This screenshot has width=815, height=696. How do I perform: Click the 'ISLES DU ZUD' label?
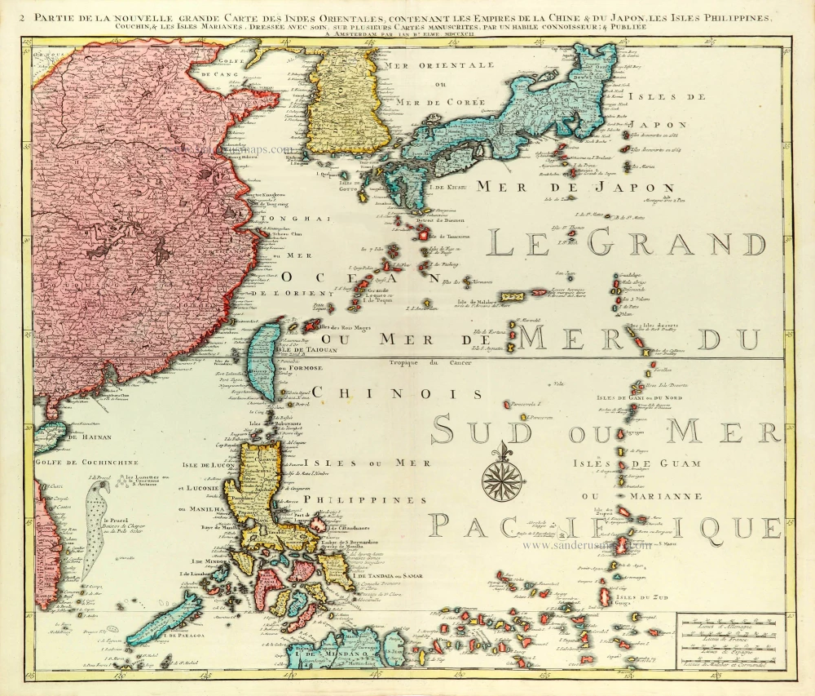pyautogui.click(x=641, y=598)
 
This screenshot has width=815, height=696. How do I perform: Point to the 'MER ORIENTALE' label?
pyautogui.click(x=439, y=64)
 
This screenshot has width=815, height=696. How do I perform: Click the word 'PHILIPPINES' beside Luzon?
pyautogui.click(x=354, y=499)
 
